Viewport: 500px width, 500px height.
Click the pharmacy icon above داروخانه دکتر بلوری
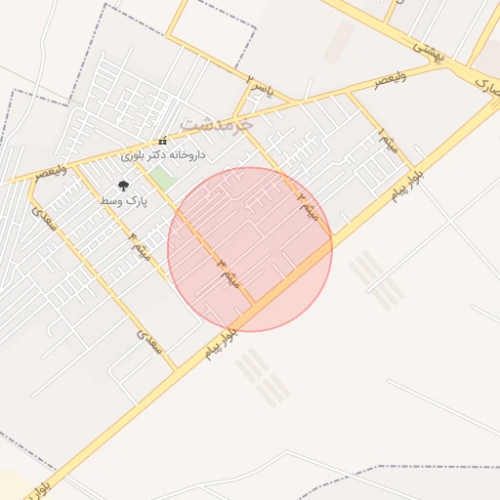click(x=162, y=142)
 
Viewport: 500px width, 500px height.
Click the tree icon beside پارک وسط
click(x=123, y=185)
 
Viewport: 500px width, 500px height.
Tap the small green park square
click(x=162, y=180)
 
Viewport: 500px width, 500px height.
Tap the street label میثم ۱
click(x=389, y=142)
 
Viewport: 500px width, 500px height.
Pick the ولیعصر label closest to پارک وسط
click(x=51, y=172)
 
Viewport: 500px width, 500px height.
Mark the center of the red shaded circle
click(x=250, y=249)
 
